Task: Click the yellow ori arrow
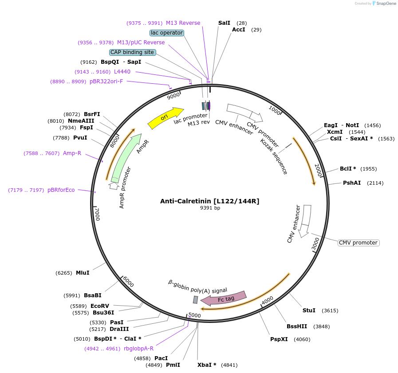pyautogui.click(x=165, y=118)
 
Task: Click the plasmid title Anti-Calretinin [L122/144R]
pyautogui.click(x=210, y=201)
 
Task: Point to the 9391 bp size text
pyautogui.click(x=210, y=208)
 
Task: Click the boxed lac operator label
pyautogui.click(x=167, y=33)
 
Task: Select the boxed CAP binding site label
pyautogui.click(x=132, y=52)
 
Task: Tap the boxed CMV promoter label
pyautogui.click(x=359, y=243)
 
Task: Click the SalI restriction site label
pyautogui.click(x=224, y=23)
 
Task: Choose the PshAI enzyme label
pyautogui.click(x=351, y=183)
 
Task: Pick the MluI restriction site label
pyautogui.click(x=83, y=273)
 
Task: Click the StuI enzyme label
pyautogui.click(x=309, y=311)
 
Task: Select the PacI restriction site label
pyautogui.click(x=161, y=358)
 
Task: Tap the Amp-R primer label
pyautogui.click(x=72, y=153)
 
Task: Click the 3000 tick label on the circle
pyautogui.click(x=315, y=244)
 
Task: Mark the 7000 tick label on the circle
pyautogui.click(x=98, y=214)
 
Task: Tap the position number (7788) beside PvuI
pyautogui.click(x=61, y=138)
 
